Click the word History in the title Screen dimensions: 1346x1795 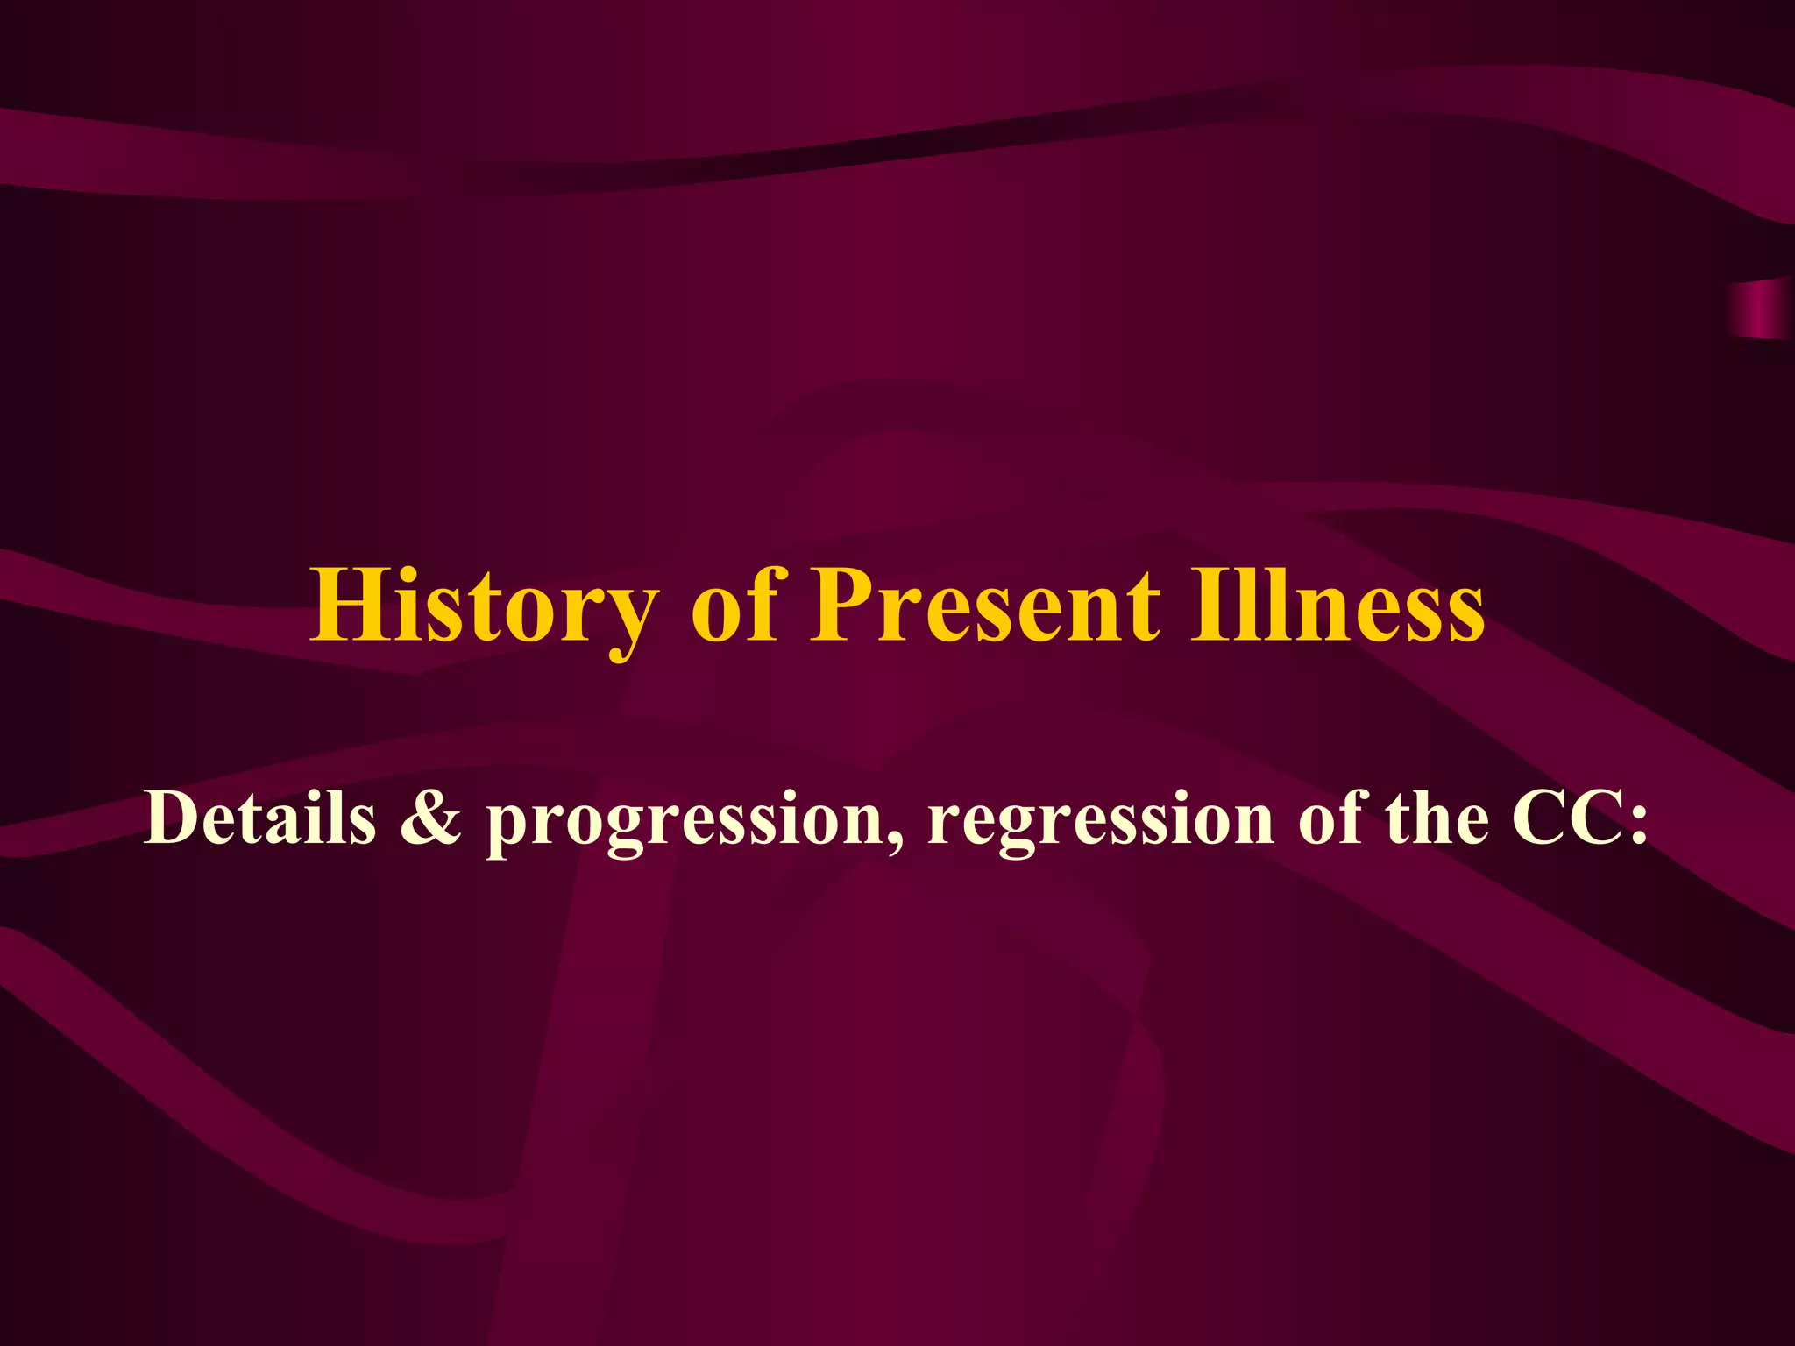point(482,606)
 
